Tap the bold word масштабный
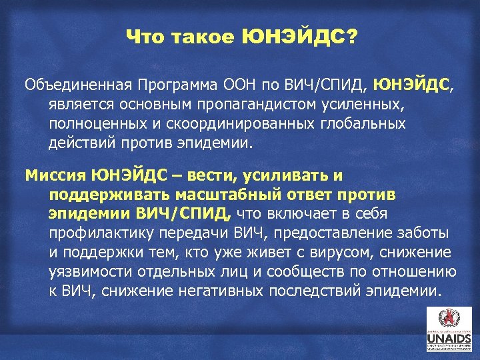pos(224,195)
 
